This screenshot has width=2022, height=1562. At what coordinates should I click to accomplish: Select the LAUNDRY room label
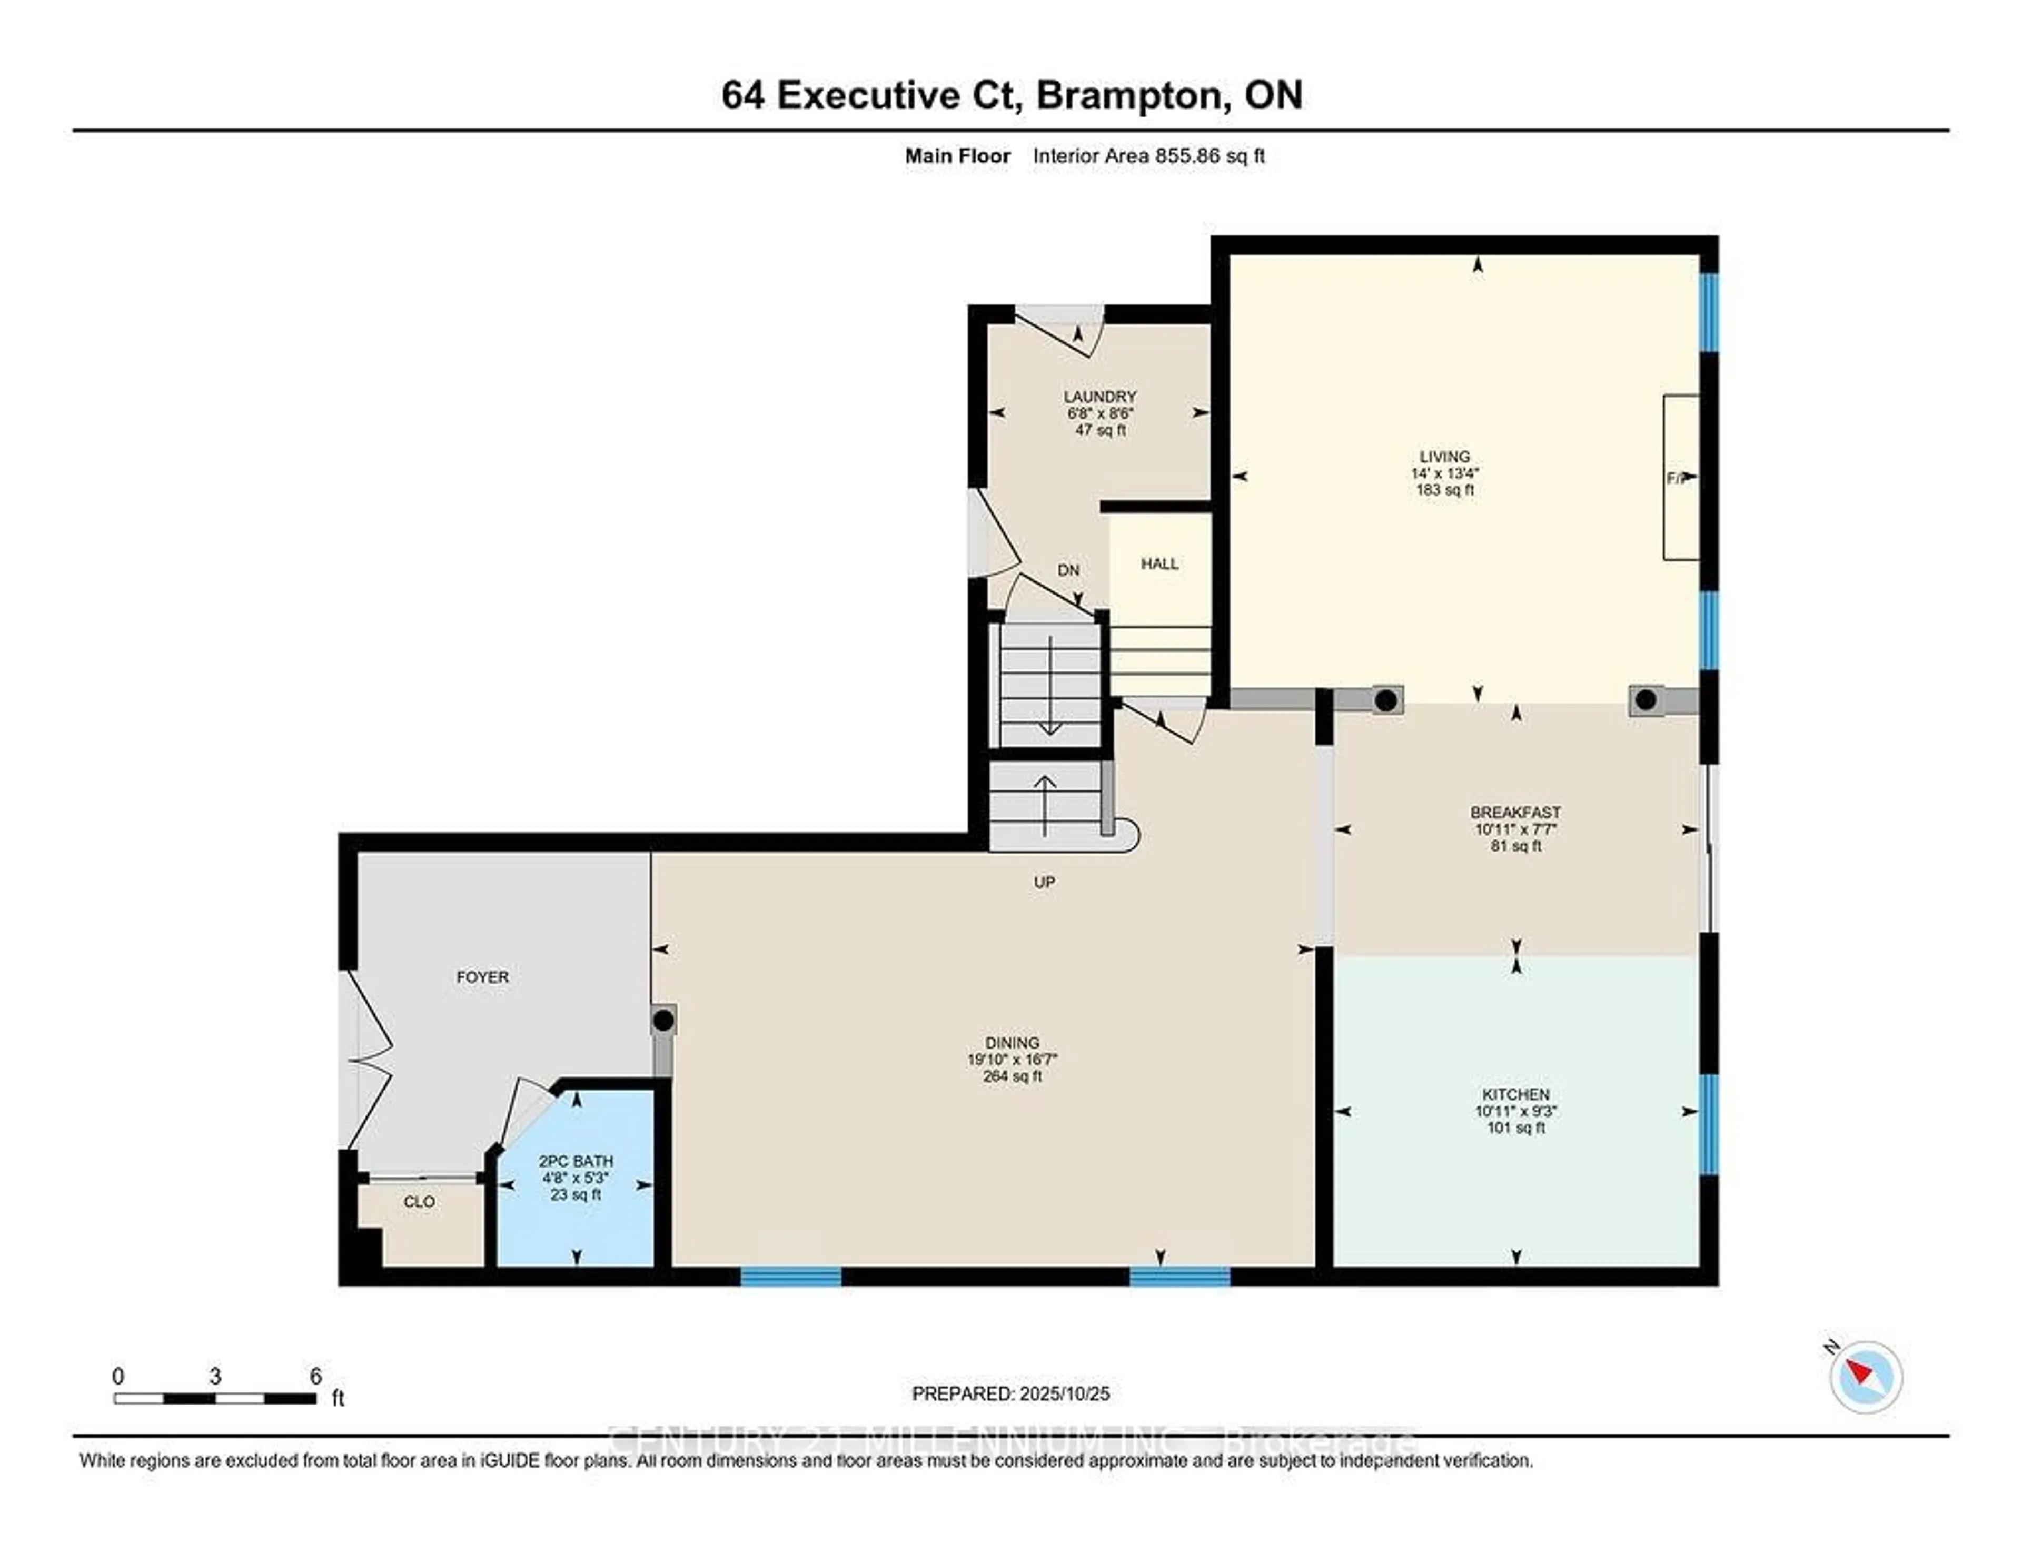coord(1100,396)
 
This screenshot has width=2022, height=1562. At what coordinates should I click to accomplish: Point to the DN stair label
coord(1068,570)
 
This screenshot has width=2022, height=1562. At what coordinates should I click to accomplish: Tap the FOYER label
coord(482,977)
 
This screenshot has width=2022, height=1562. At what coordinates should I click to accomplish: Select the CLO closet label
coord(419,1202)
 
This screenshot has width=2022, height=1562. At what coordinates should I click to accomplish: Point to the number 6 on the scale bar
coord(316,1376)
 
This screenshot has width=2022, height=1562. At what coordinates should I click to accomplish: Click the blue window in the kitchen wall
coord(1709,1123)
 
